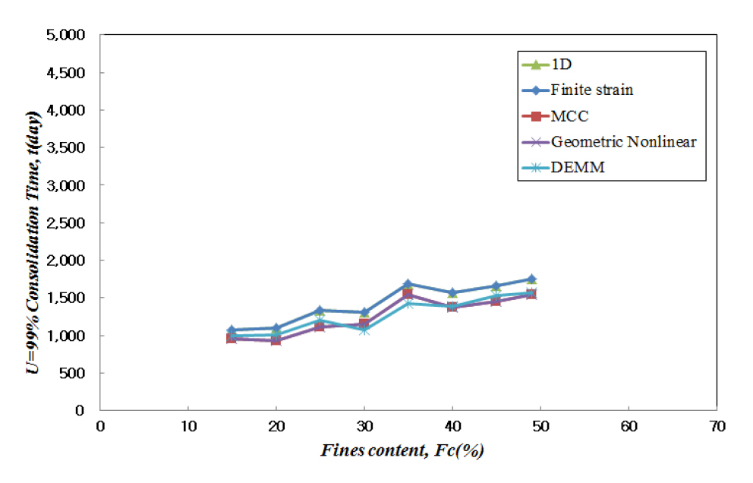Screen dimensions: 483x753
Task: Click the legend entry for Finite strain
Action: [x=592, y=90]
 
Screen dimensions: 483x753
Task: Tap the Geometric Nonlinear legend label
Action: [x=623, y=141]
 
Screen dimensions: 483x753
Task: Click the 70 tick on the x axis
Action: [x=717, y=426]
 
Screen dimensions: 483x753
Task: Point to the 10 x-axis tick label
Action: [x=187, y=426]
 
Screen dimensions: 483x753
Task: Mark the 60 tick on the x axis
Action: [x=629, y=426]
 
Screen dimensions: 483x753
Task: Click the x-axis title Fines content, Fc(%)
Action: [x=402, y=451]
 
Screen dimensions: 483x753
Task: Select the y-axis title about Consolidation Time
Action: [x=33, y=223]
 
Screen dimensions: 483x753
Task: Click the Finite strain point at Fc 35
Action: [x=408, y=284]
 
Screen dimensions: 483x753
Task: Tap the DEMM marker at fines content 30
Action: [x=364, y=330]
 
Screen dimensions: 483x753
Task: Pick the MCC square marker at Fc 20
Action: [x=276, y=340]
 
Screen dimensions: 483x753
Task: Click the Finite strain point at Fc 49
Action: [x=531, y=279]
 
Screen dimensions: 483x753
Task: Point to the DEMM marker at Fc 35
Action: [x=408, y=304]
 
